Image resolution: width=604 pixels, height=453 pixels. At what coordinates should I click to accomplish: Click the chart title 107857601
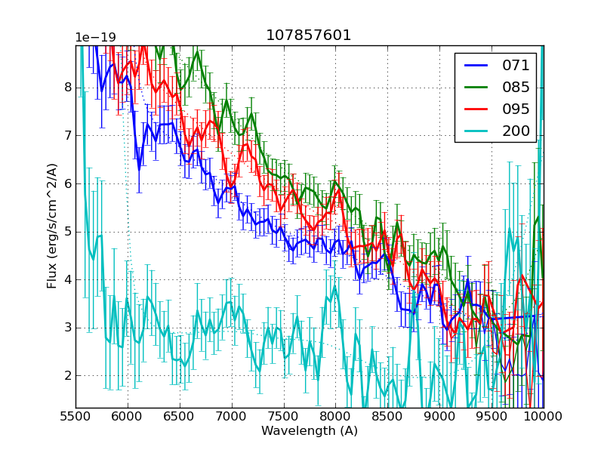[309, 35]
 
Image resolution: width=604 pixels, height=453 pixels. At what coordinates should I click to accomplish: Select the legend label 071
[516, 65]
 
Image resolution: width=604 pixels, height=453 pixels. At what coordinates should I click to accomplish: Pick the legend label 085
[516, 87]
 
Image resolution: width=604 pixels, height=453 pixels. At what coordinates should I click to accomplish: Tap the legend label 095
[516, 109]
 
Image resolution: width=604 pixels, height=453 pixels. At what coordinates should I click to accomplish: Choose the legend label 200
[516, 131]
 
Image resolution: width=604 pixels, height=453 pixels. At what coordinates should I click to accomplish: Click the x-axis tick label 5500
[75, 417]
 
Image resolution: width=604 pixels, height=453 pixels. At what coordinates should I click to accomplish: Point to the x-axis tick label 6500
[180, 417]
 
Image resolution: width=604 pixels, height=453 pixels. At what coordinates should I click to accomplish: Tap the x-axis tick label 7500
[284, 417]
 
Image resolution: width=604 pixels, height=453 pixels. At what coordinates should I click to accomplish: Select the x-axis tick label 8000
[336, 417]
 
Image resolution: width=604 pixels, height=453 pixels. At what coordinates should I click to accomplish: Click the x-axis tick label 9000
[439, 417]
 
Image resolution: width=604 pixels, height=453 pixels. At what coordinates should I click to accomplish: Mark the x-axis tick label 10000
[544, 417]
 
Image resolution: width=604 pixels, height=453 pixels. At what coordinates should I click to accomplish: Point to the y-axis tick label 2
[67, 375]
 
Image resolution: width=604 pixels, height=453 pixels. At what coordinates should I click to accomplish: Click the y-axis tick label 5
[67, 231]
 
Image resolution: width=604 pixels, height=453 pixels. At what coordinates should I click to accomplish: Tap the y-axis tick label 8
[67, 87]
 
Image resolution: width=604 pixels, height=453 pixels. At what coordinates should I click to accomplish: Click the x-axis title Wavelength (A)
[310, 431]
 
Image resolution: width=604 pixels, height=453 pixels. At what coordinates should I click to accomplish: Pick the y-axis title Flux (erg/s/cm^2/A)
[52, 226]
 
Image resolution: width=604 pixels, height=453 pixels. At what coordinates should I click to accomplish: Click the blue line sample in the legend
[476, 65]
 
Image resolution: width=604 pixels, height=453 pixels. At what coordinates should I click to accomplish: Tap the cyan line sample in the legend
[476, 131]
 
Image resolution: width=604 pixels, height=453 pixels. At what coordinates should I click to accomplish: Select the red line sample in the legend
[476, 109]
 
